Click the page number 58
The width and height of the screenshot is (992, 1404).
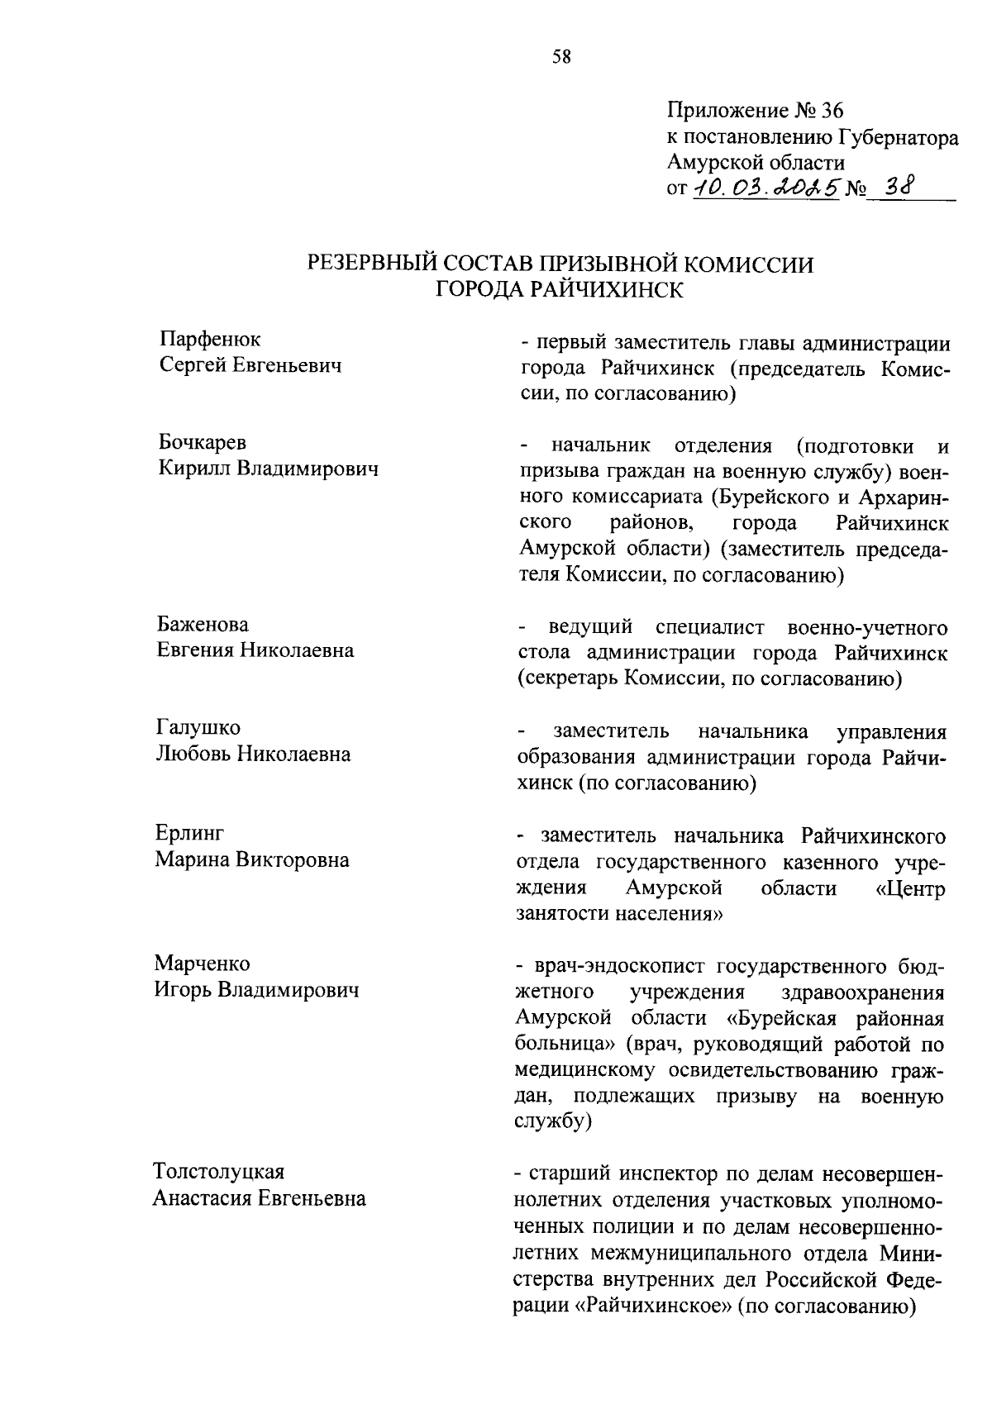(x=560, y=56)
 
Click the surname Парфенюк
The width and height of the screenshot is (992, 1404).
(x=209, y=339)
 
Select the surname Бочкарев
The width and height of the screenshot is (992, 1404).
(x=203, y=443)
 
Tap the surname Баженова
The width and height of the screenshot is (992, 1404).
(x=203, y=624)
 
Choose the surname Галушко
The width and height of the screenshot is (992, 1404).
(x=198, y=728)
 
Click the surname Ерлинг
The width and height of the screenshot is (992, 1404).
(x=189, y=833)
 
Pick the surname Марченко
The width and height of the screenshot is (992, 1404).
(x=203, y=964)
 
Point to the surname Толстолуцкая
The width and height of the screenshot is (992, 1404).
(x=219, y=1172)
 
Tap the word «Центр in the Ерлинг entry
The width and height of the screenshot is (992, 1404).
(x=911, y=888)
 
